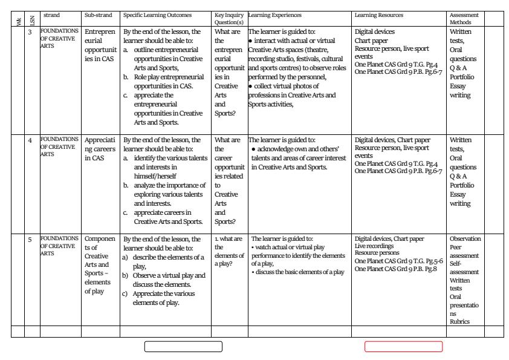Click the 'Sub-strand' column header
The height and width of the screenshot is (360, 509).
95,15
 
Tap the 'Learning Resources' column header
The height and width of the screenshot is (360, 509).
379,15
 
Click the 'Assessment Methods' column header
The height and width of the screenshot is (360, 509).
464,18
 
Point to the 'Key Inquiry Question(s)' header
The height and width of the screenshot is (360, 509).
227,18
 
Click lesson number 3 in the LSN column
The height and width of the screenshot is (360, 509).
30,31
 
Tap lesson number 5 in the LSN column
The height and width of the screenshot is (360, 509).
30,240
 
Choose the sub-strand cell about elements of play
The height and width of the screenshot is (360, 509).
97,266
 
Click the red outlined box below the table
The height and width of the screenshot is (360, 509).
403,347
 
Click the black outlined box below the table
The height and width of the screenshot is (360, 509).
183,347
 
